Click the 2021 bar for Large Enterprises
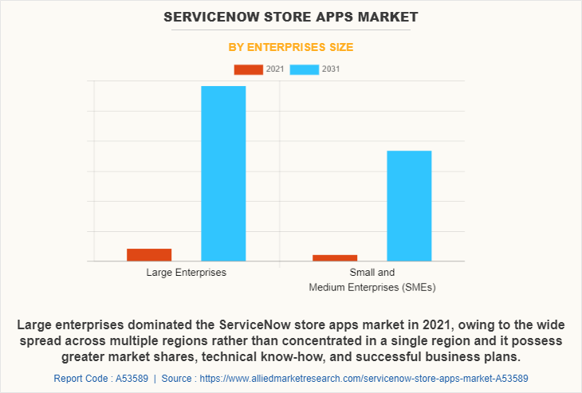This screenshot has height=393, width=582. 149,254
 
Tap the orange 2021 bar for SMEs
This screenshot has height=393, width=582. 335,257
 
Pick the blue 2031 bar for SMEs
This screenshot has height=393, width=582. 409,206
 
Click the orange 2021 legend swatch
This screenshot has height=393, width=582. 248,69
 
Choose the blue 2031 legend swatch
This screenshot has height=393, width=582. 304,69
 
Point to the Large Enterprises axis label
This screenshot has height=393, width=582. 186,273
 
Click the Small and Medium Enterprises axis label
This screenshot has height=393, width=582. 372,279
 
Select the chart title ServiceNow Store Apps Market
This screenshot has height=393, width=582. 291,17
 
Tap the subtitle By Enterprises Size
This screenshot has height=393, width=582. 291,47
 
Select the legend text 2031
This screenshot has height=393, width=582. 331,69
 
